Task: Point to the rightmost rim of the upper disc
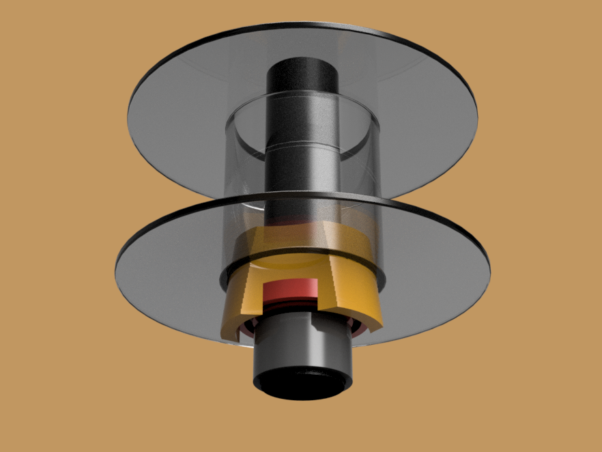coord(476,109)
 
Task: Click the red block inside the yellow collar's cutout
coord(291,292)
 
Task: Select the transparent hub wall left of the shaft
coord(242,171)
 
